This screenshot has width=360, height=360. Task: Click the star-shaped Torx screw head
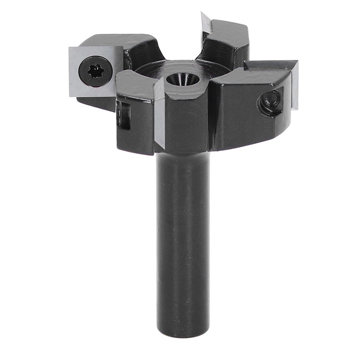coord(96,71)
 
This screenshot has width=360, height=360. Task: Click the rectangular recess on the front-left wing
coord(123,115)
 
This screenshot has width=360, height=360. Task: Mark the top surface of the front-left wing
coord(135,83)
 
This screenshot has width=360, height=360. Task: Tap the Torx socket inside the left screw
coord(96,71)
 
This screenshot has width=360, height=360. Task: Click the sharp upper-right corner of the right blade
coord(297,62)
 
